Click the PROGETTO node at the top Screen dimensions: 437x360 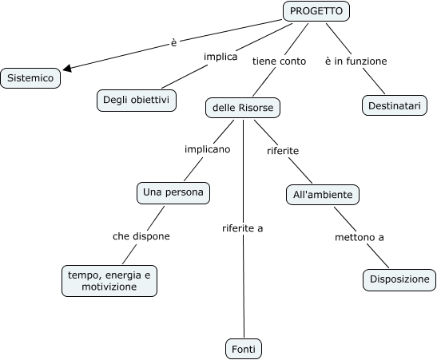coord(316,11)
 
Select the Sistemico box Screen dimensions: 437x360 coord(30,78)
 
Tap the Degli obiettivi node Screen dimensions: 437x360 coord(137,101)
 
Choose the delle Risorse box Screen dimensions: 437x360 coord(243,108)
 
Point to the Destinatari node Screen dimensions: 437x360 coord(395,105)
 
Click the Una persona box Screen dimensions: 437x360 coord(173,193)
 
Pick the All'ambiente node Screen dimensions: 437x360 coord(323,195)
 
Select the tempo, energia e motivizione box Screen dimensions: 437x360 coord(109,281)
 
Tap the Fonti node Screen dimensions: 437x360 coord(244,349)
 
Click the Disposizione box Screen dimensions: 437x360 coord(399,280)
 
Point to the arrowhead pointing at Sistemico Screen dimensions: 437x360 coord(67,69)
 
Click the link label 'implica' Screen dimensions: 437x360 coord(220,57)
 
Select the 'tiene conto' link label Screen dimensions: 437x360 coord(280,61)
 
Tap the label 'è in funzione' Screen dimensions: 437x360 coord(356,61)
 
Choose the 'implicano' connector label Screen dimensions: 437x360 coord(208,149)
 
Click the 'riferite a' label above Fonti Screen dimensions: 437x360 coord(243,228)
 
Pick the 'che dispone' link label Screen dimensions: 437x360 coord(141,236)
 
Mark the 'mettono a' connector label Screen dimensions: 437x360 coord(360,238)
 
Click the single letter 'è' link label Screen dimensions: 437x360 coord(173,43)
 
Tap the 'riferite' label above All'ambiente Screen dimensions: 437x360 coord(283,151)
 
